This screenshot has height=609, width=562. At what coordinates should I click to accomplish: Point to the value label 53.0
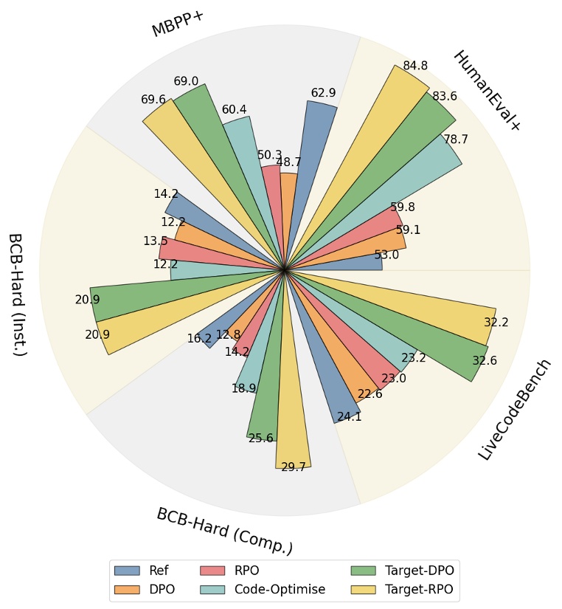coord(386,255)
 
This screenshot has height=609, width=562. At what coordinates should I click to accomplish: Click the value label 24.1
coord(349,417)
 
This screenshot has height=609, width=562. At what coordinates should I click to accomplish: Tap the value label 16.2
coord(199,339)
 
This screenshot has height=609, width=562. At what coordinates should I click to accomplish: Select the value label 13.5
coord(155,241)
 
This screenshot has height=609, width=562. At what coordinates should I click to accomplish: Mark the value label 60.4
coord(235,110)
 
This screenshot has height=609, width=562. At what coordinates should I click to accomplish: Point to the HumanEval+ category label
coord(487,91)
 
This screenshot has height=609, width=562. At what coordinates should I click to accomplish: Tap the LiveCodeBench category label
coord(514,410)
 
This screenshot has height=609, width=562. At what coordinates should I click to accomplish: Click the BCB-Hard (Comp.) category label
coord(224,531)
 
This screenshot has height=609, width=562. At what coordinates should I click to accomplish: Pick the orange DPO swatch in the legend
coord(127,590)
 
